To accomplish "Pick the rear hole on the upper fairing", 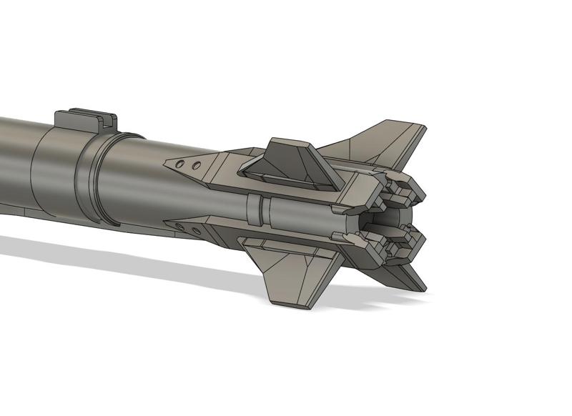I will [194, 167].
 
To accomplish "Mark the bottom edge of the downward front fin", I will [293, 304].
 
